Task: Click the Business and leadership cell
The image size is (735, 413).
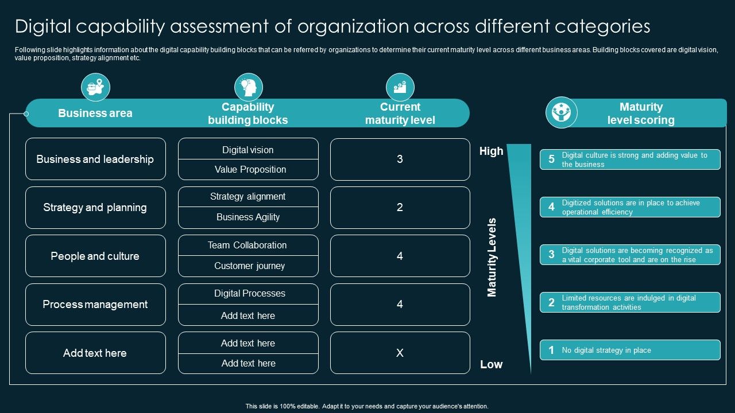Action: (x=95, y=159)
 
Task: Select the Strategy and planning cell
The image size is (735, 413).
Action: (x=95, y=208)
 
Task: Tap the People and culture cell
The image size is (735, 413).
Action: (x=95, y=256)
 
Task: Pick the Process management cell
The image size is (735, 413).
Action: (x=95, y=305)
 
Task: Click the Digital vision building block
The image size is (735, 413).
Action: (x=248, y=150)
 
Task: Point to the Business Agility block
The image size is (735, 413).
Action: (x=248, y=217)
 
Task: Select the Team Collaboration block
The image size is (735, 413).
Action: (x=247, y=245)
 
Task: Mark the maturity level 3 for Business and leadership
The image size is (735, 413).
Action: (x=400, y=159)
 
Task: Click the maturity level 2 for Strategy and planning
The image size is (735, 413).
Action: (x=400, y=208)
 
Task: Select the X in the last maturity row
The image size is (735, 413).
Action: (x=400, y=353)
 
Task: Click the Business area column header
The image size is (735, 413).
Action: (x=95, y=113)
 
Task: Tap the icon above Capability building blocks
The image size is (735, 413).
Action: (x=248, y=88)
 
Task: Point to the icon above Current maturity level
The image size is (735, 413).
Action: (x=400, y=87)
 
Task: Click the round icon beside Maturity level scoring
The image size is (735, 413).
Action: (x=561, y=112)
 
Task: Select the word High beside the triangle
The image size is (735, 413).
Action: (x=491, y=151)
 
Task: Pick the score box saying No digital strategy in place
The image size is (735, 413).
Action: (x=630, y=350)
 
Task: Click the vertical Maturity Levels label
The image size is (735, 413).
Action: (x=492, y=257)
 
